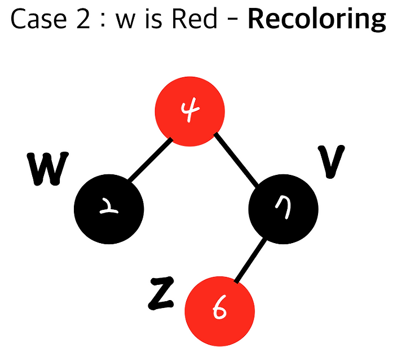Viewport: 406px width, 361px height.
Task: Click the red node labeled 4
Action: [190, 112]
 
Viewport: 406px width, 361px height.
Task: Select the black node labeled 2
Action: [109, 209]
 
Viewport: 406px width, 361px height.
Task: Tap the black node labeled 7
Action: [283, 209]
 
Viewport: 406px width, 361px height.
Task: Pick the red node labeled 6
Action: [220, 311]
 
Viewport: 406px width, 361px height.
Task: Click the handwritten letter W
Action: [47, 168]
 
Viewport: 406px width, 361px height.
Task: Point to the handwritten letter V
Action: [331, 161]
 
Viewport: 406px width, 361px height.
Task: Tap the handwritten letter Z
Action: [161, 293]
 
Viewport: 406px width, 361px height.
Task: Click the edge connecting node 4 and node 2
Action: [150, 160]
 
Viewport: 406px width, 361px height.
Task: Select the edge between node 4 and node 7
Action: [236, 159]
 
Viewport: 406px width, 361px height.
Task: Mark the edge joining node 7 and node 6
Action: [250, 260]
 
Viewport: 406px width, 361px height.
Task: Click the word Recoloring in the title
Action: [317, 19]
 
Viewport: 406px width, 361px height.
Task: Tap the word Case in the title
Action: [39, 19]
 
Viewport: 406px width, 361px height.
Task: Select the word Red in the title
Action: [195, 19]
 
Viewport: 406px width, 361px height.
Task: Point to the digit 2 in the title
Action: [83, 19]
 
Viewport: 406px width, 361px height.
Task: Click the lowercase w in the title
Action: [126, 21]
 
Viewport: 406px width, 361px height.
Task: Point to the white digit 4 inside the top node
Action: [190, 109]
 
